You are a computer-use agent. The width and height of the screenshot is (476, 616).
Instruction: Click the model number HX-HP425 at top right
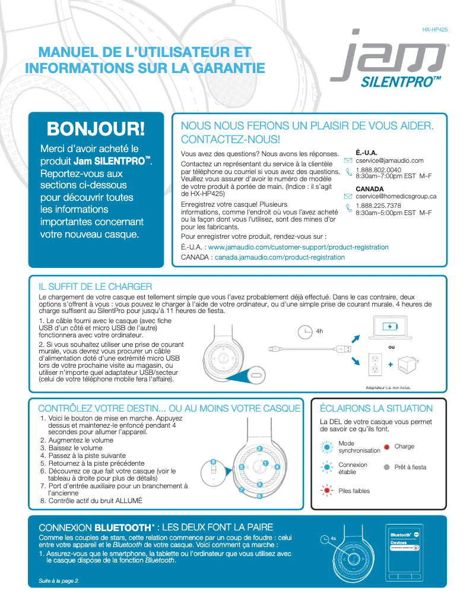(435, 29)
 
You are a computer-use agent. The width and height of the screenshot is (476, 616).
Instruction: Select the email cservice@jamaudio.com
(389, 160)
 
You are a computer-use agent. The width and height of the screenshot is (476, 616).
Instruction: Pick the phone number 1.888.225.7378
(378, 206)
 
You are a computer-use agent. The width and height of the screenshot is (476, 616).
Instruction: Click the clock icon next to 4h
(305, 331)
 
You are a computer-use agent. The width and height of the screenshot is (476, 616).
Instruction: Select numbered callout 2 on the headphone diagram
(259, 448)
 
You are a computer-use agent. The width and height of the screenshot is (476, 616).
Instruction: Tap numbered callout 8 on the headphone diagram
(213, 461)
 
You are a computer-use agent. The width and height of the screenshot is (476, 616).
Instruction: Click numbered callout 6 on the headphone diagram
(259, 495)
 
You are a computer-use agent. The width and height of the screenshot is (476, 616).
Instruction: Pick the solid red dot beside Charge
(386, 447)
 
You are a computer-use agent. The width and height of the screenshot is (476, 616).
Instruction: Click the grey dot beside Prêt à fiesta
(386, 467)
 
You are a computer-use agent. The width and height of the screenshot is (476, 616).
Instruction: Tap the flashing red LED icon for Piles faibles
(326, 491)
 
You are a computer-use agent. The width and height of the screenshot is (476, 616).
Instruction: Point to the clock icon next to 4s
(324, 539)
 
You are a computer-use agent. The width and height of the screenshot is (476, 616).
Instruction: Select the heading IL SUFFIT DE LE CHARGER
(95, 287)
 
